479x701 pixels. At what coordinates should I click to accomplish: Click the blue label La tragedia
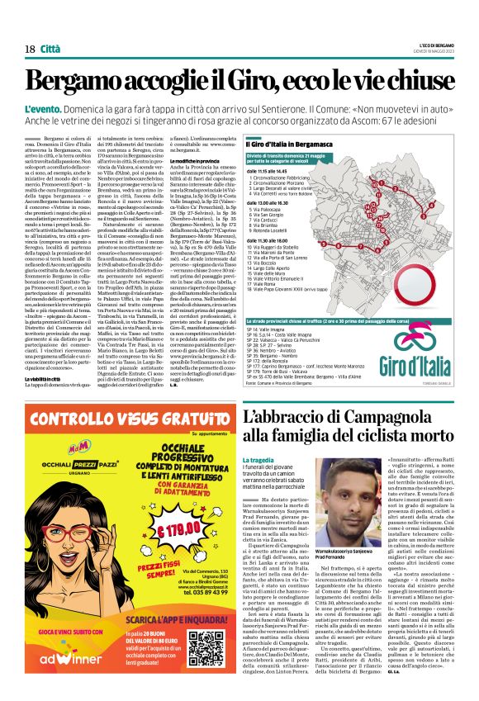click(x=258, y=458)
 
